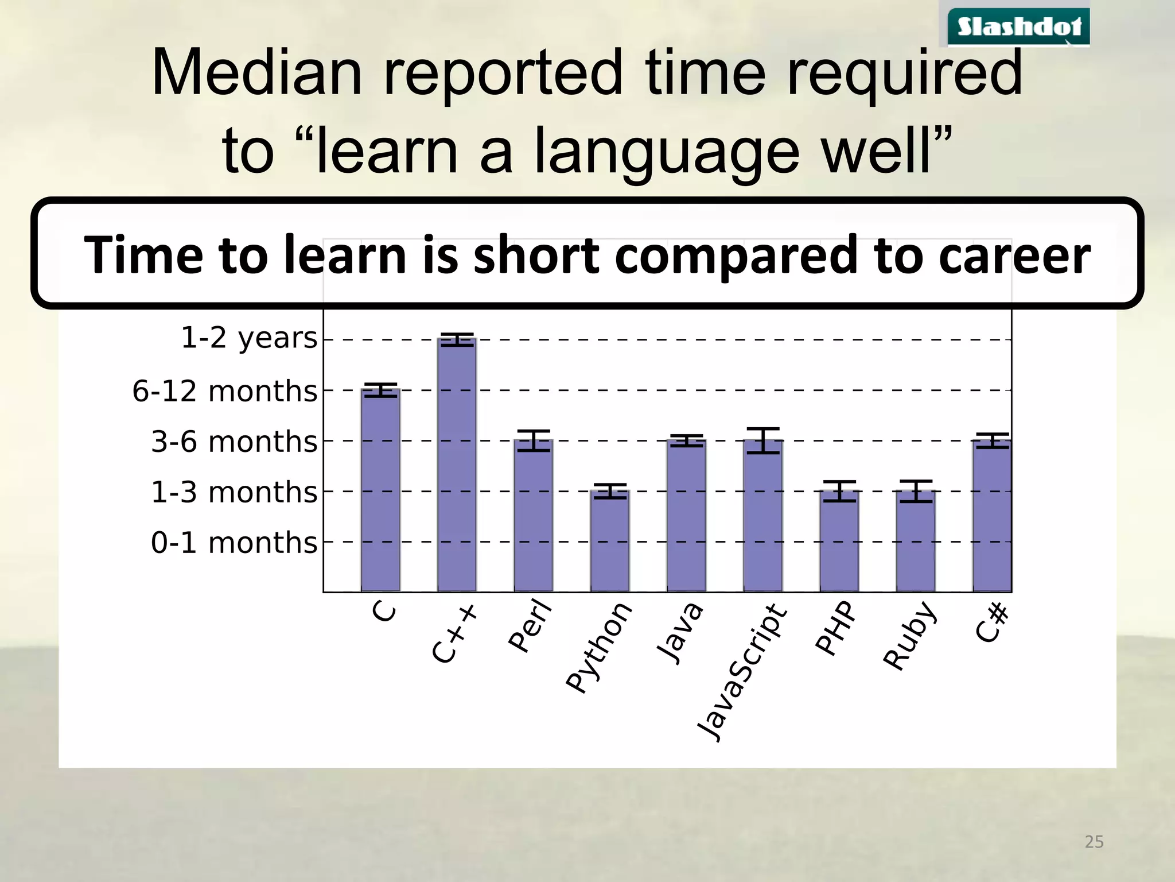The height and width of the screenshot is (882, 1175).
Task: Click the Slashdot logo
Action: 1018,26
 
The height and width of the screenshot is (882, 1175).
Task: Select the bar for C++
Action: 457,465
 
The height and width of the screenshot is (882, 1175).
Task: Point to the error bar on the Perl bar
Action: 534,440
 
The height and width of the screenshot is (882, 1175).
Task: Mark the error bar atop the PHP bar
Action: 839,491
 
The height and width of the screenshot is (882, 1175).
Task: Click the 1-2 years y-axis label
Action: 249,338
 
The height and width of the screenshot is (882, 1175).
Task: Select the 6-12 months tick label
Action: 224,391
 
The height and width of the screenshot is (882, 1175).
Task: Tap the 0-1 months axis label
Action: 234,543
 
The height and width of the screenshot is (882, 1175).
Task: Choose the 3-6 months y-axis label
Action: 234,442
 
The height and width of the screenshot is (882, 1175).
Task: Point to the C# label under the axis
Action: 992,622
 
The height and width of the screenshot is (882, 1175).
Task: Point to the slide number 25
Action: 1094,842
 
